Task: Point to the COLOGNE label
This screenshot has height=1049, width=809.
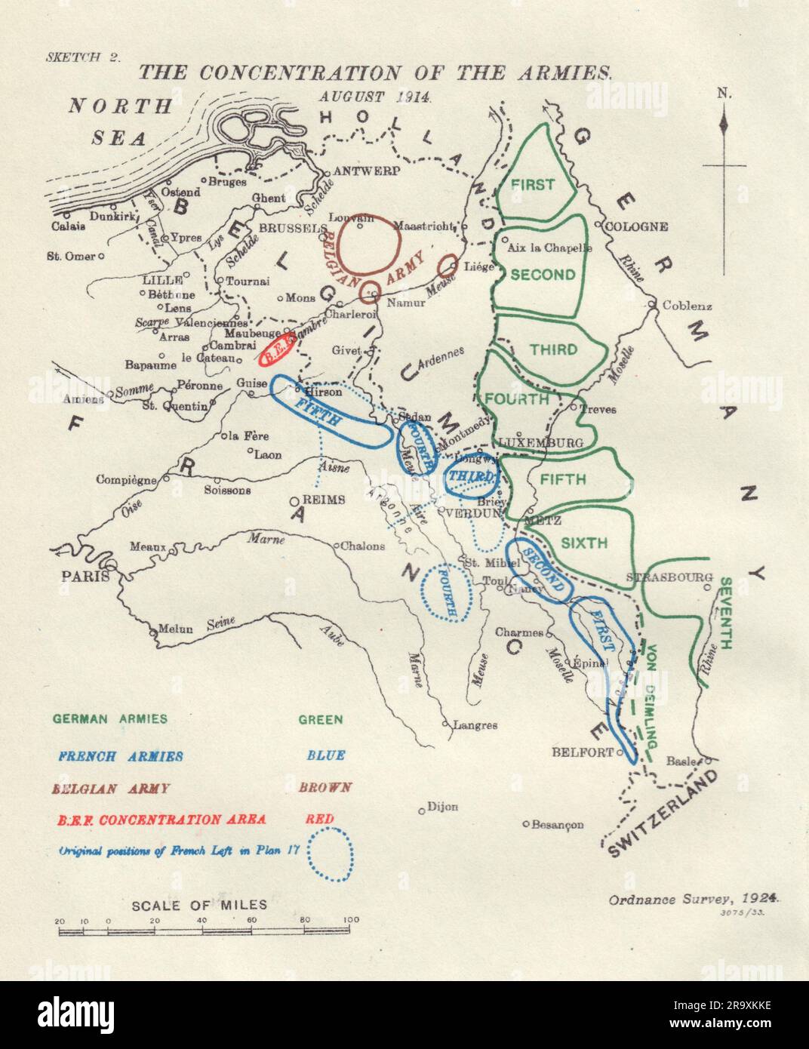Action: [638, 226]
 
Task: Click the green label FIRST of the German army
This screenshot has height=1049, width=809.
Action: [532, 184]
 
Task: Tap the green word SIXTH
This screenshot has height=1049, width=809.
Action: [584, 542]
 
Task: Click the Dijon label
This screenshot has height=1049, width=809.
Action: [442, 806]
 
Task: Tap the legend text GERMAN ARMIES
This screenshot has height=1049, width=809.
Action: [110, 719]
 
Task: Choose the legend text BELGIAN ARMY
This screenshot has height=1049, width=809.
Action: [111, 788]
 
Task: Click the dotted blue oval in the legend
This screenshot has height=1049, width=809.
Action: [331, 854]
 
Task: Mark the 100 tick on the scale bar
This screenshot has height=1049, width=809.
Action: [351, 920]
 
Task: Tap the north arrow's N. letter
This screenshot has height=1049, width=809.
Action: [724, 94]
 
